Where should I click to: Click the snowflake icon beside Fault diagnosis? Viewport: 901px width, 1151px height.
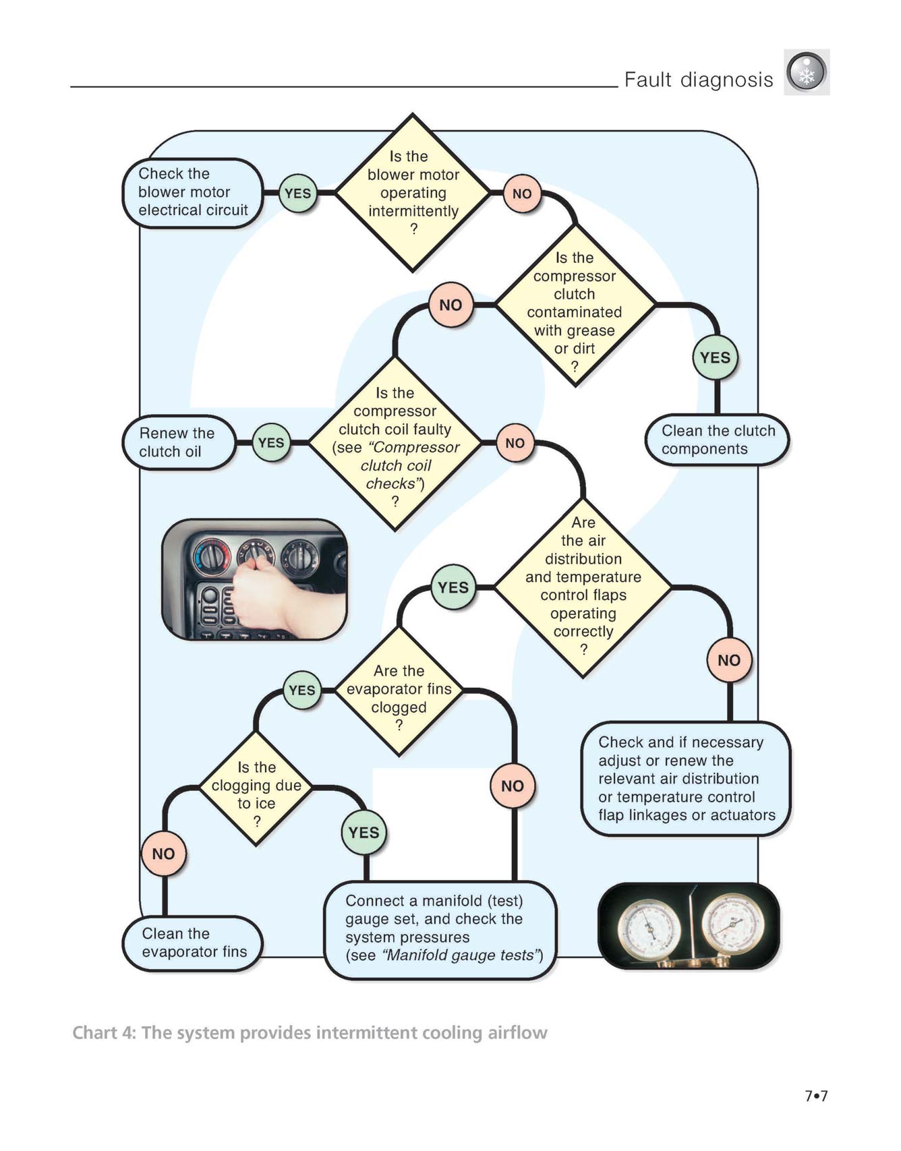(x=807, y=72)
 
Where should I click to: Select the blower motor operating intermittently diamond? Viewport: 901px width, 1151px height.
(x=413, y=193)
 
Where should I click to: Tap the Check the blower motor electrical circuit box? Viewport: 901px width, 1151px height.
(x=193, y=193)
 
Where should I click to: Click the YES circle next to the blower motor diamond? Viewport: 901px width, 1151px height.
(x=297, y=194)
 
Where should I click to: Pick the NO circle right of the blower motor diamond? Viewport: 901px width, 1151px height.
(x=522, y=194)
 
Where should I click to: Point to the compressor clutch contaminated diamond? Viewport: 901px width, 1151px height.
(x=575, y=305)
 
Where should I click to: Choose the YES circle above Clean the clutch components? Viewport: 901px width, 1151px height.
(x=716, y=357)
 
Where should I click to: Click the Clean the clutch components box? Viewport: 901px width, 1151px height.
(x=718, y=440)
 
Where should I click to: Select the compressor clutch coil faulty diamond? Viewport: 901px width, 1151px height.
(x=395, y=443)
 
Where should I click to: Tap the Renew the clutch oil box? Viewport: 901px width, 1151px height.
(x=178, y=442)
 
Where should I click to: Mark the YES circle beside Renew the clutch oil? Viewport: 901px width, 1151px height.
(x=271, y=443)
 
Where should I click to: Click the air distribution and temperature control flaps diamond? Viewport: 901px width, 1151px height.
(x=583, y=587)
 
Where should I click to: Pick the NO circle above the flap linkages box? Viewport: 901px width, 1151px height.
(x=729, y=660)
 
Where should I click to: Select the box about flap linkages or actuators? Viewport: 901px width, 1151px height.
(x=686, y=779)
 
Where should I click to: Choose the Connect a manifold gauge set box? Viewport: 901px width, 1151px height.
(x=441, y=929)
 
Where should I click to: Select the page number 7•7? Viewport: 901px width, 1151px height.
(x=816, y=1096)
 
